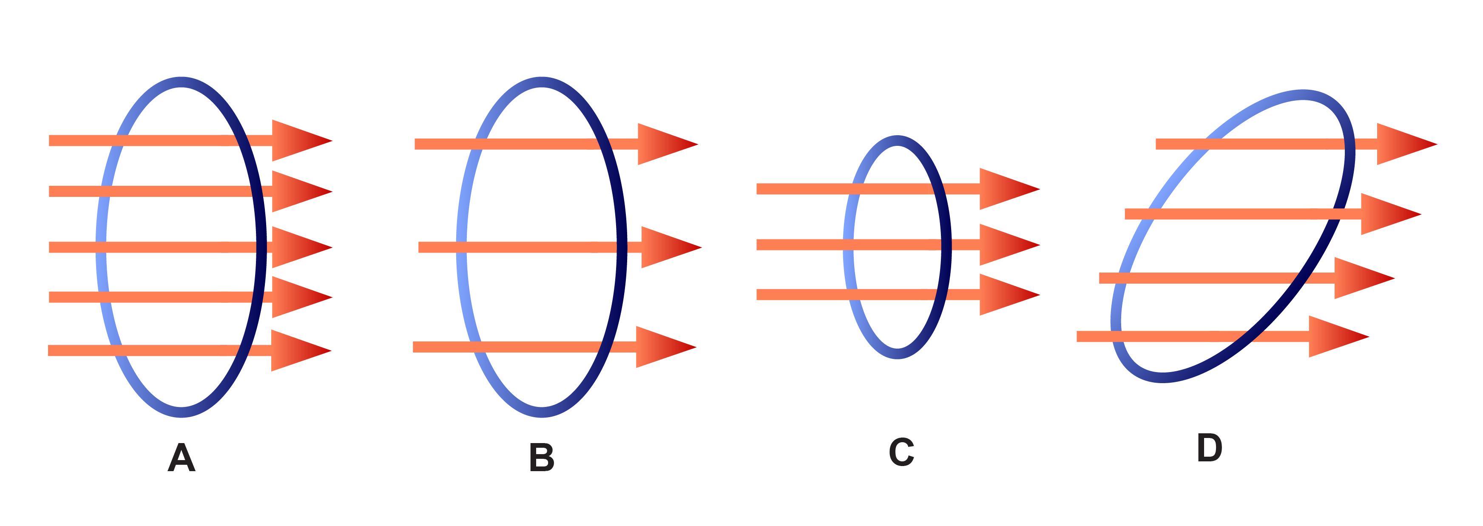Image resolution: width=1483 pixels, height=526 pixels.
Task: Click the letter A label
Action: [x=182, y=458]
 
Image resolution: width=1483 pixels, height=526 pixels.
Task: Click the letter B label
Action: [x=542, y=458]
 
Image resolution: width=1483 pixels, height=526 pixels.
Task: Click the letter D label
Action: [x=1210, y=447]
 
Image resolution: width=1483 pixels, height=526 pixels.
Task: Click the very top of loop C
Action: [x=897, y=140]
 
